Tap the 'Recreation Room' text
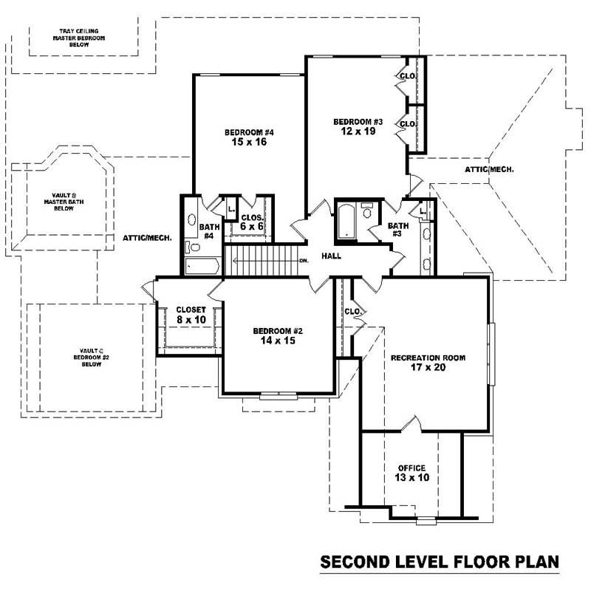(428, 358)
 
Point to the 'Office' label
(411, 468)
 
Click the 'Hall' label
(330, 256)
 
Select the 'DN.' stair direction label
(303, 261)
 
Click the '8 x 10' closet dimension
(190, 320)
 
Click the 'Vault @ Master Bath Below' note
(64, 202)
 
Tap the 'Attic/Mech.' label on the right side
(489, 169)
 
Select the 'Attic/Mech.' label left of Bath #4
(148, 238)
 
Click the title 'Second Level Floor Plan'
(440, 563)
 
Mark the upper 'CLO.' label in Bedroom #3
(407, 76)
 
